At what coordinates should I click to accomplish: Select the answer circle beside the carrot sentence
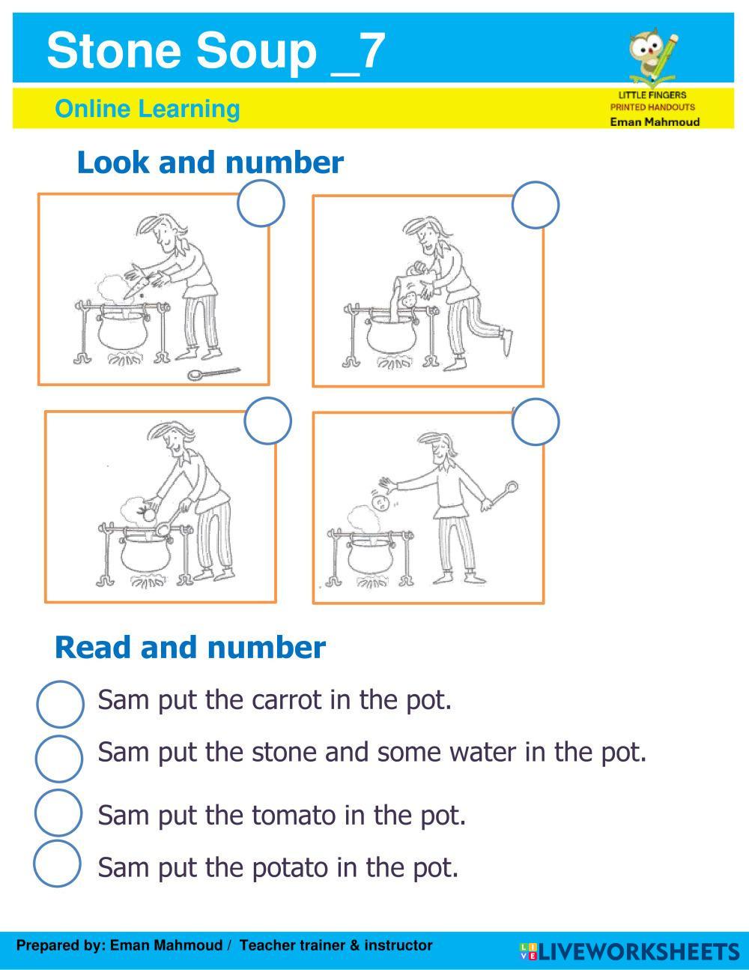click(x=60, y=704)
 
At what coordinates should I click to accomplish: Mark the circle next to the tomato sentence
click(x=58, y=813)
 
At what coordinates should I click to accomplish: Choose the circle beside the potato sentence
click(x=57, y=864)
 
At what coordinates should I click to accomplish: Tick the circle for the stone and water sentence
click(x=59, y=759)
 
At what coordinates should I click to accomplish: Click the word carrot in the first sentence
click(x=287, y=700)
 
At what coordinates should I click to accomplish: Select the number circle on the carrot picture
click(x=261, y=203)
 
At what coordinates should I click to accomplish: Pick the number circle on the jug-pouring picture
click(x=536, y=205)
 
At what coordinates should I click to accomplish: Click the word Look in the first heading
click(x=113, y=163)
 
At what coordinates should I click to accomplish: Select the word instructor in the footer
click(x=398, y=945)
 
